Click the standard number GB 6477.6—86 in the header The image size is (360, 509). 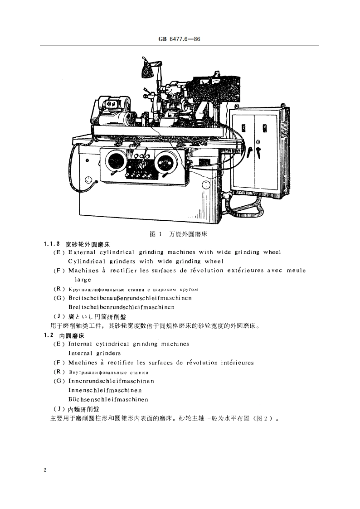[x=180, y=39]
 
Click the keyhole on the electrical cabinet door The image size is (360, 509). [x=258, y=142]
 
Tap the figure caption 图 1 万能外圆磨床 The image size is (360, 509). [x=178, y=234]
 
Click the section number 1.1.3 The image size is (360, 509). [x=52, y=244]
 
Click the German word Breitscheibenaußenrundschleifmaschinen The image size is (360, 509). [x=130, y=298]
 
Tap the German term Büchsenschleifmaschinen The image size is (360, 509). [x=108, y=399]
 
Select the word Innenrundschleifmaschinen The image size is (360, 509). [x=111, y=381]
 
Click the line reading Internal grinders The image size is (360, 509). [x=94, y=353]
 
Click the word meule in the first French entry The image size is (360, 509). [x=296, y=271]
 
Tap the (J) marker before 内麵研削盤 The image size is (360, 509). [x=58, y=408]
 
